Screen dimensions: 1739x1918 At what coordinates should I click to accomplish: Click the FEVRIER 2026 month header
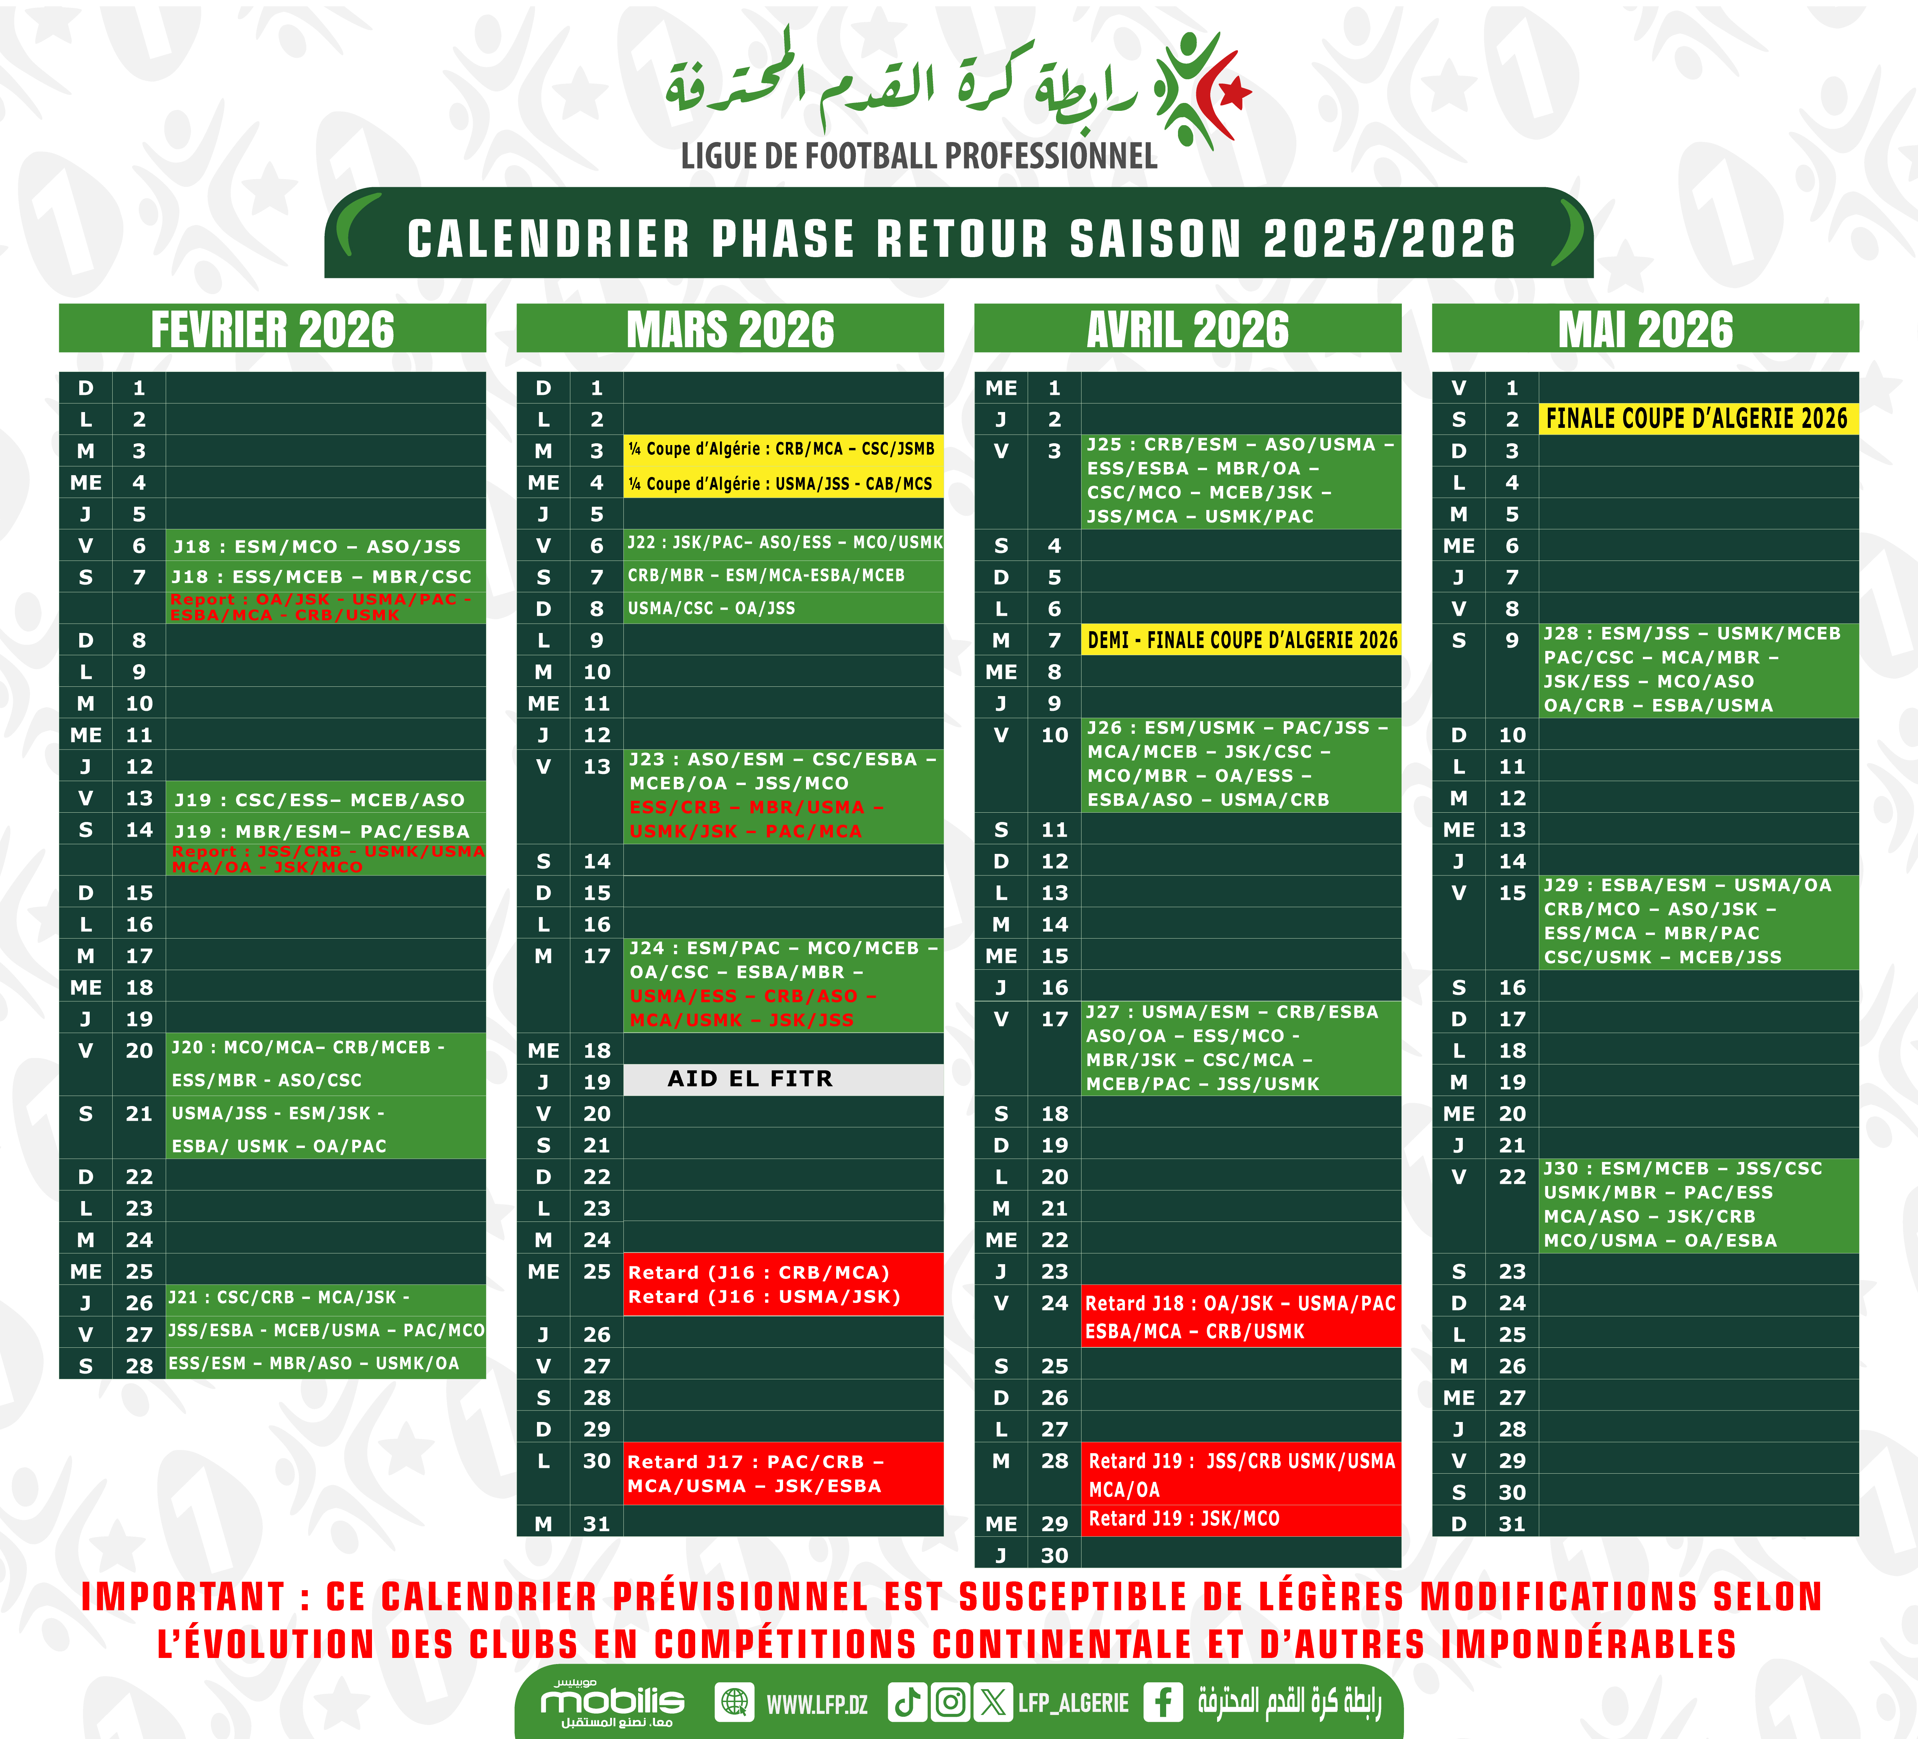pyautogui.click(x=272, y=329)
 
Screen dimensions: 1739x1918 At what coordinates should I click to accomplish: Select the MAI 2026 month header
pyautogui.click(x=1645, y=329)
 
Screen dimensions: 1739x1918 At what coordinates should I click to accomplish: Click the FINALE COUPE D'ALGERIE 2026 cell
pyautogui.click(x=1697, y=419)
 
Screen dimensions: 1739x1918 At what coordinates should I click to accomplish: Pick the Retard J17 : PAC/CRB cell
pyautogui.click(x=782, y=1474)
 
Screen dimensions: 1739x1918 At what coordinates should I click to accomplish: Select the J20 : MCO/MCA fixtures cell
pyautogui.click(x=325, y=1064)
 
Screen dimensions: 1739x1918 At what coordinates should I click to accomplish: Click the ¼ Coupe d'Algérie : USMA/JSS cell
pyautogui.click(x=782, y=483)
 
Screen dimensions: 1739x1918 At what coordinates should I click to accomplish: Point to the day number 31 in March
pyautogui.click(x=597, y=1524)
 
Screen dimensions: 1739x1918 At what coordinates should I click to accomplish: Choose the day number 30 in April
pyautogui.click(x=1054, y=1555)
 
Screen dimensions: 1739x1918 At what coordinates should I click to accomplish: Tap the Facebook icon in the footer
pyautogui.click(x=1163, y=1702)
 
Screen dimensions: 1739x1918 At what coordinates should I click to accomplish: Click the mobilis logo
pyautogui.click(x=612, y=1702)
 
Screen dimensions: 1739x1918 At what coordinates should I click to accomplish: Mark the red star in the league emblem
pyautogui.click(x=1234, y=92)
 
